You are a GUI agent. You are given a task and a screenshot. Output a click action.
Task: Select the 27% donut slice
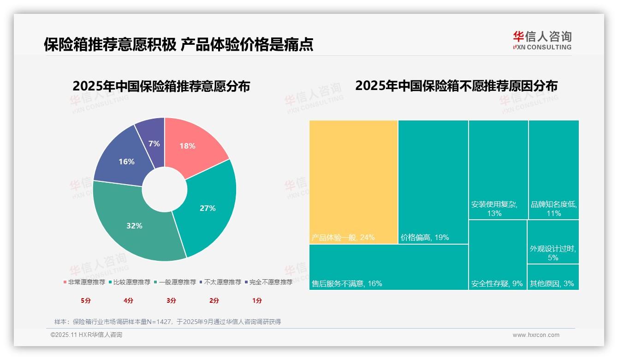(x=208, y=208)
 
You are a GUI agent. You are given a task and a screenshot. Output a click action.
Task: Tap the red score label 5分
(x=86, y=300)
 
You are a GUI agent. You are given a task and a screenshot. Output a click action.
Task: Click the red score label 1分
(x=257, y=300)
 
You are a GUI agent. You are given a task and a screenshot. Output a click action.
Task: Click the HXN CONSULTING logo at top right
(x=542, y=40)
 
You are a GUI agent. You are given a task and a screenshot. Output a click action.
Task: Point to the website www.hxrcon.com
(x=536, y=335)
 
